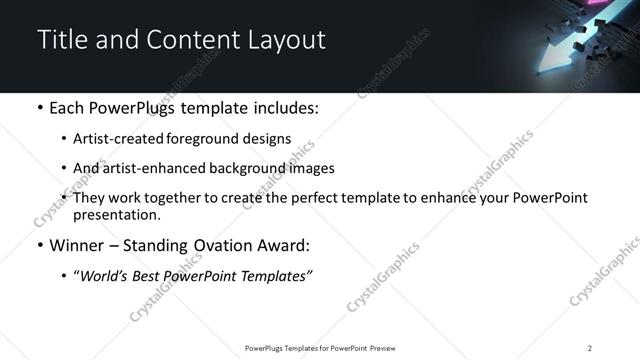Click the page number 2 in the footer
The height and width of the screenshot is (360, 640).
pyautogui.click(x=590, y=347)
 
